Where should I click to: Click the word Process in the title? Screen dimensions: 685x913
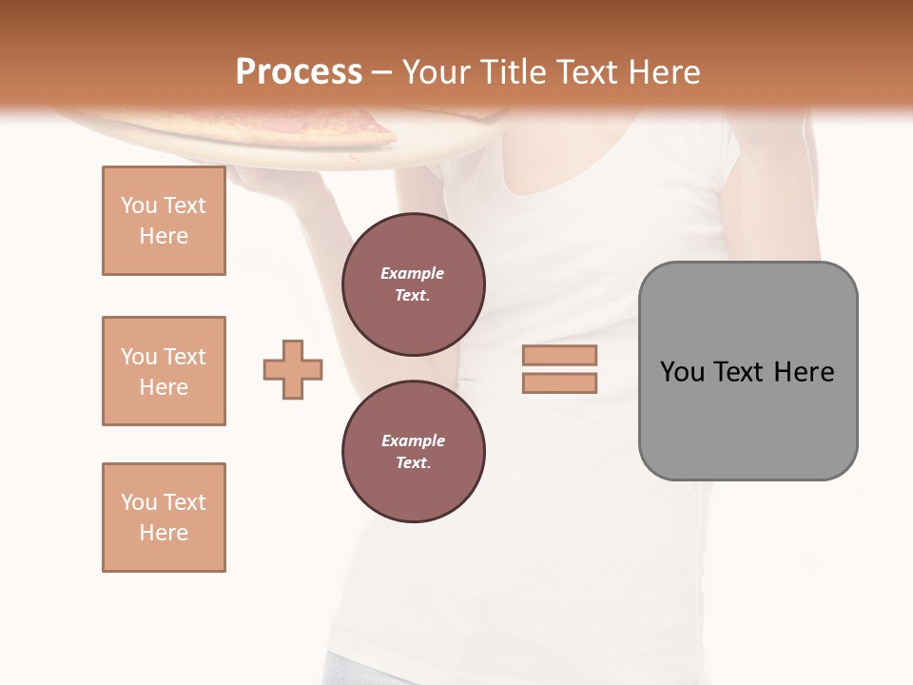(299, 72)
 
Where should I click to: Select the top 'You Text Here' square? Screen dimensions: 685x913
(164, 221)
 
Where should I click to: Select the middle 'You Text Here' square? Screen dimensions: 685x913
(164, 371)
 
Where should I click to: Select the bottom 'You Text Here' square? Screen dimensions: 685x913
(164, 518)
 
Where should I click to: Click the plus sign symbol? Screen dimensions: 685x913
(293, 369)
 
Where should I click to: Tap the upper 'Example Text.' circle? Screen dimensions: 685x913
(413, 284)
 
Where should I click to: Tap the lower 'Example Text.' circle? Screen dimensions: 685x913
(413, 451)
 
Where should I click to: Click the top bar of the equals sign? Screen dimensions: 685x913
(559, 356)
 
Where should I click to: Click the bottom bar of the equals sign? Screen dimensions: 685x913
(559, 382)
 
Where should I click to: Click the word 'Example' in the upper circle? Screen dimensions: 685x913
(413, 273)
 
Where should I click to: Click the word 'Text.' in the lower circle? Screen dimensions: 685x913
(413, 463)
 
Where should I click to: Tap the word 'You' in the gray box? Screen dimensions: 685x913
(682, 372)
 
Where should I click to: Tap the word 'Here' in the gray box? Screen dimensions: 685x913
(804, 372)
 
